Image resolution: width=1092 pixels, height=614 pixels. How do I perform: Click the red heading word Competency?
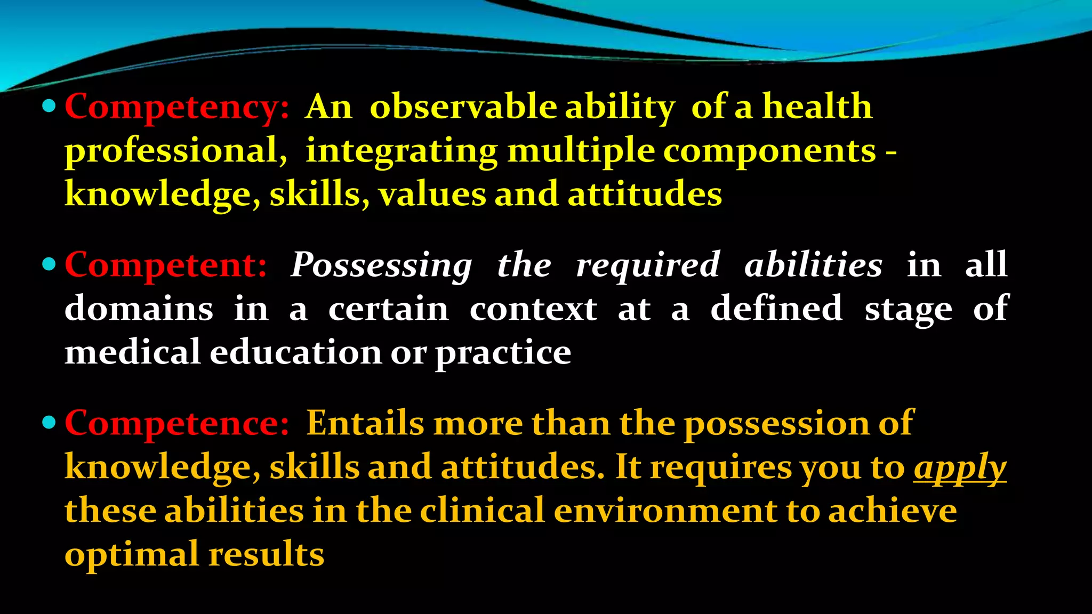[176, 107]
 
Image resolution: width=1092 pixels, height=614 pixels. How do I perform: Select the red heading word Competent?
[165, 265]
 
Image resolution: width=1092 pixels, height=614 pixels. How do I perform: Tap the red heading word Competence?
[176, 423]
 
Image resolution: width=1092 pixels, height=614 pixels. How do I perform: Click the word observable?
[463, 106]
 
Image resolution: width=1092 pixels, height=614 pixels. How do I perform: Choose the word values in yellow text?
[432, 194]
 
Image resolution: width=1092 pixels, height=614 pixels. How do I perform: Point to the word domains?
[139, 309]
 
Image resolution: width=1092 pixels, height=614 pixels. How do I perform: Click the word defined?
[776, 309]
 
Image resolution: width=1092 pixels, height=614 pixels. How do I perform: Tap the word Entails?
[365, 423]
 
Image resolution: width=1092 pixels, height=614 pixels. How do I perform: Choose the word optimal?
[132, 555]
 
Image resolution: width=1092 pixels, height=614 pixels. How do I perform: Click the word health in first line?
[817, 106]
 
